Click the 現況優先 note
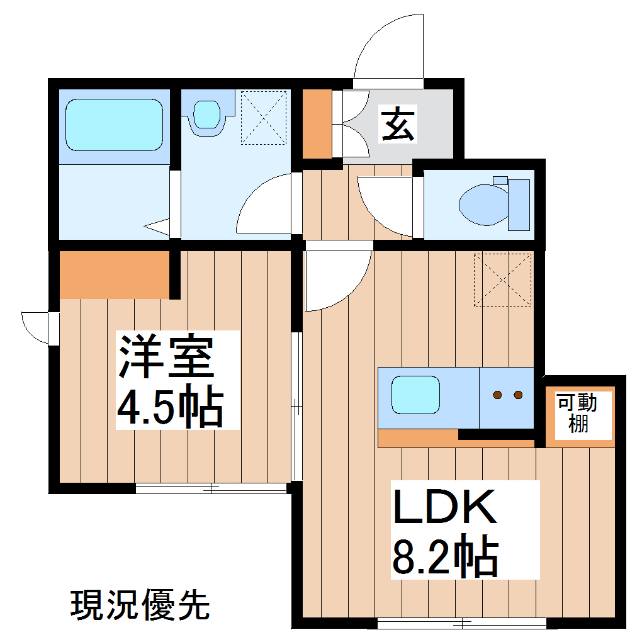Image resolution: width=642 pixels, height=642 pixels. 139,605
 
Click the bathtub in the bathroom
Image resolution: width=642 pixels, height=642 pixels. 114,125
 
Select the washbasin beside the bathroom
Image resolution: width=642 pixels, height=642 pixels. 206,115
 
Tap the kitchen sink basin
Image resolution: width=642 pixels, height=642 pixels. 415,395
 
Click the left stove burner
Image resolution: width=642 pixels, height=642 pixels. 497,395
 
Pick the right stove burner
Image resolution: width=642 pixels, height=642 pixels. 518,395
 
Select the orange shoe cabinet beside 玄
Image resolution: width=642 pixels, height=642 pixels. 317,124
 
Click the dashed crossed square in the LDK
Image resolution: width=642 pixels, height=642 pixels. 502,279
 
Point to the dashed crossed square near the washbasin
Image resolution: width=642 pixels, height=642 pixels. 264,118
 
